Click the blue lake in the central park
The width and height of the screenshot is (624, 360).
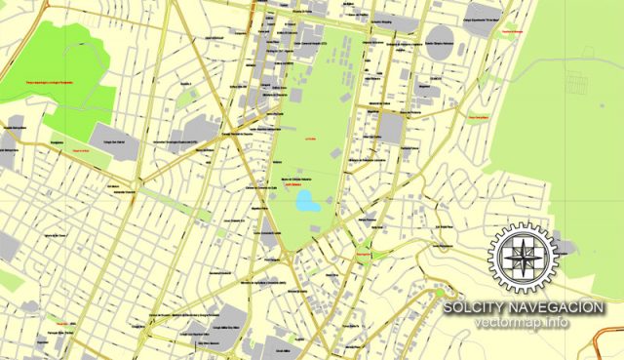(307, 202)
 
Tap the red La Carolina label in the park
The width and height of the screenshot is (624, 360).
(313, 139)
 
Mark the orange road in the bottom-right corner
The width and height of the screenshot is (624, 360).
(606, 343)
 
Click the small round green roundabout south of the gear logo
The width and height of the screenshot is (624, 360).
(440, 292)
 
